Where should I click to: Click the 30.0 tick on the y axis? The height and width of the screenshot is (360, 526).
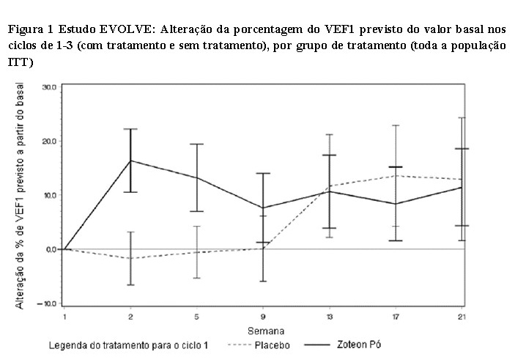coord(48,87)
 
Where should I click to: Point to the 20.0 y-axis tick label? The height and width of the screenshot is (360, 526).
coord(48,141)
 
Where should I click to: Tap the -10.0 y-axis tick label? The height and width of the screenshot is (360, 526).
coord(47,304)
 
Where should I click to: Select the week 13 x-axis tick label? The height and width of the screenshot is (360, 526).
coord(330,317)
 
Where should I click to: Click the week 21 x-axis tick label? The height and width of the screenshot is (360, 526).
coord(462,317)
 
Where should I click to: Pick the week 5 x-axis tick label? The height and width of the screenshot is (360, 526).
coord(197,317)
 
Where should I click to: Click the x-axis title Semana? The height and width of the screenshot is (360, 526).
coord(266,331)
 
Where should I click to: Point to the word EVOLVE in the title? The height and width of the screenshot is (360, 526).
coord(125,29)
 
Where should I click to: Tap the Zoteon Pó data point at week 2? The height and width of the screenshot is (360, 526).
coord(130,161)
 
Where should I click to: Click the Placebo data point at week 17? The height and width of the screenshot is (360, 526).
coord(396,175)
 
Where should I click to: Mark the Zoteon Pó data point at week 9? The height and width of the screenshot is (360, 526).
coord(263,208)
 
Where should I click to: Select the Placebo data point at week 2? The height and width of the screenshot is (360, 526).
coord(130,258)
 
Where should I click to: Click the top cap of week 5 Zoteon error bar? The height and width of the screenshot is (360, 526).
coord(197,144)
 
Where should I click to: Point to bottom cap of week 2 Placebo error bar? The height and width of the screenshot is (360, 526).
coord(130,284)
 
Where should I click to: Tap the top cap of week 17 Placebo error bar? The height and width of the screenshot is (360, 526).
coord(396,125)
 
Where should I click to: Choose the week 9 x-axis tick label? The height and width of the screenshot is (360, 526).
coord(263,317)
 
